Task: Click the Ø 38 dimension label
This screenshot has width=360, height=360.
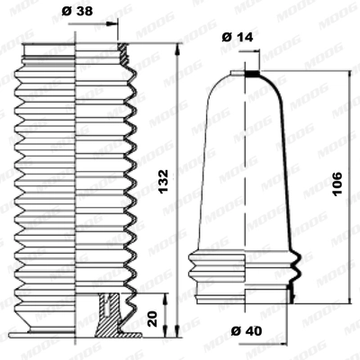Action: (77, 12)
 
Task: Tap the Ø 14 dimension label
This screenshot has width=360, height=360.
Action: (238, 37)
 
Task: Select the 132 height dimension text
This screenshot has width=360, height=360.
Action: (164, 181)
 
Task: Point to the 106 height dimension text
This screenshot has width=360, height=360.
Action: (337, 184)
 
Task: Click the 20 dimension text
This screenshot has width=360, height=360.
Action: (153, 319)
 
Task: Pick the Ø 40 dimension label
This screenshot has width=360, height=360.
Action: (247, 331)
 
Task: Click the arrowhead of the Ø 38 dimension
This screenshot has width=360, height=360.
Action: (112, 24)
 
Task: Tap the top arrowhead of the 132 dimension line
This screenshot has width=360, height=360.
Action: (177, 49)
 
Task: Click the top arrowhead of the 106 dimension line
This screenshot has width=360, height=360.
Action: (350, 76)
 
